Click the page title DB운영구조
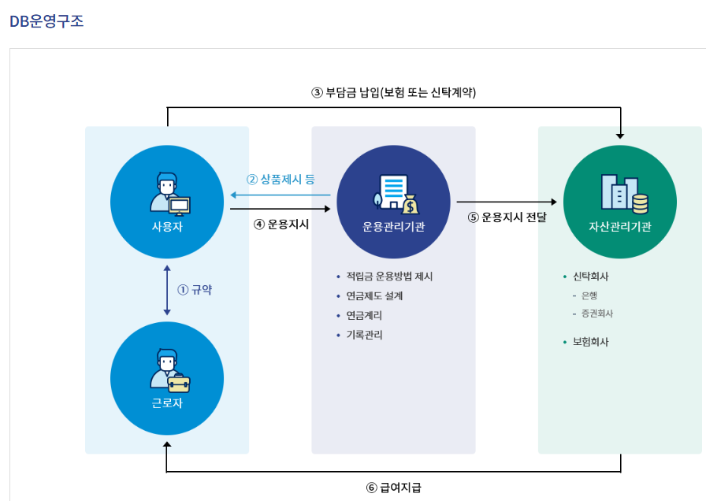pos(46,21)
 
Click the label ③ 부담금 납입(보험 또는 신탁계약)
pos(394,92)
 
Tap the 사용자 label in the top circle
pos(166,228)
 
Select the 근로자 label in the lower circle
pos(166,403)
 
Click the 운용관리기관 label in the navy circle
pos(393,228)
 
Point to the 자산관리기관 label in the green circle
pos(620,228)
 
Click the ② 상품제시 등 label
pos(281,179)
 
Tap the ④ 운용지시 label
pos(281,224)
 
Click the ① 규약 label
pos(195,290)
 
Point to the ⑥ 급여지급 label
pos(394,487)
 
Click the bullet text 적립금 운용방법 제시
pos(389,276)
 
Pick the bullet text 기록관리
pos(364,335)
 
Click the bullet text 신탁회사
pos(591,276)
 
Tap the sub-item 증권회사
pos(597,314)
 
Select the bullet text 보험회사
pos(591,342)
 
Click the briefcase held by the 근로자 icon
pos(178,384)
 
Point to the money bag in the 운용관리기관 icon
pos(409,206)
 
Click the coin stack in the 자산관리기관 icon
pos(640,204)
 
